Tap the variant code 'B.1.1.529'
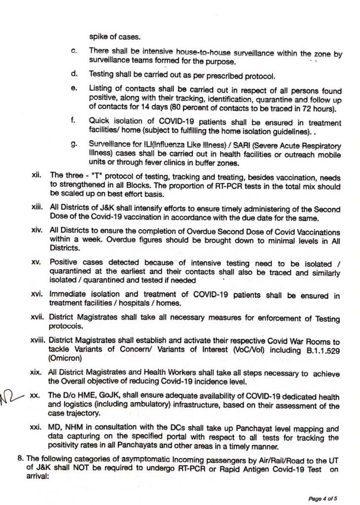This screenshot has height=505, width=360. (321, 350)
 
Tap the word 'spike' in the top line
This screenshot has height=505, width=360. (99, 36)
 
